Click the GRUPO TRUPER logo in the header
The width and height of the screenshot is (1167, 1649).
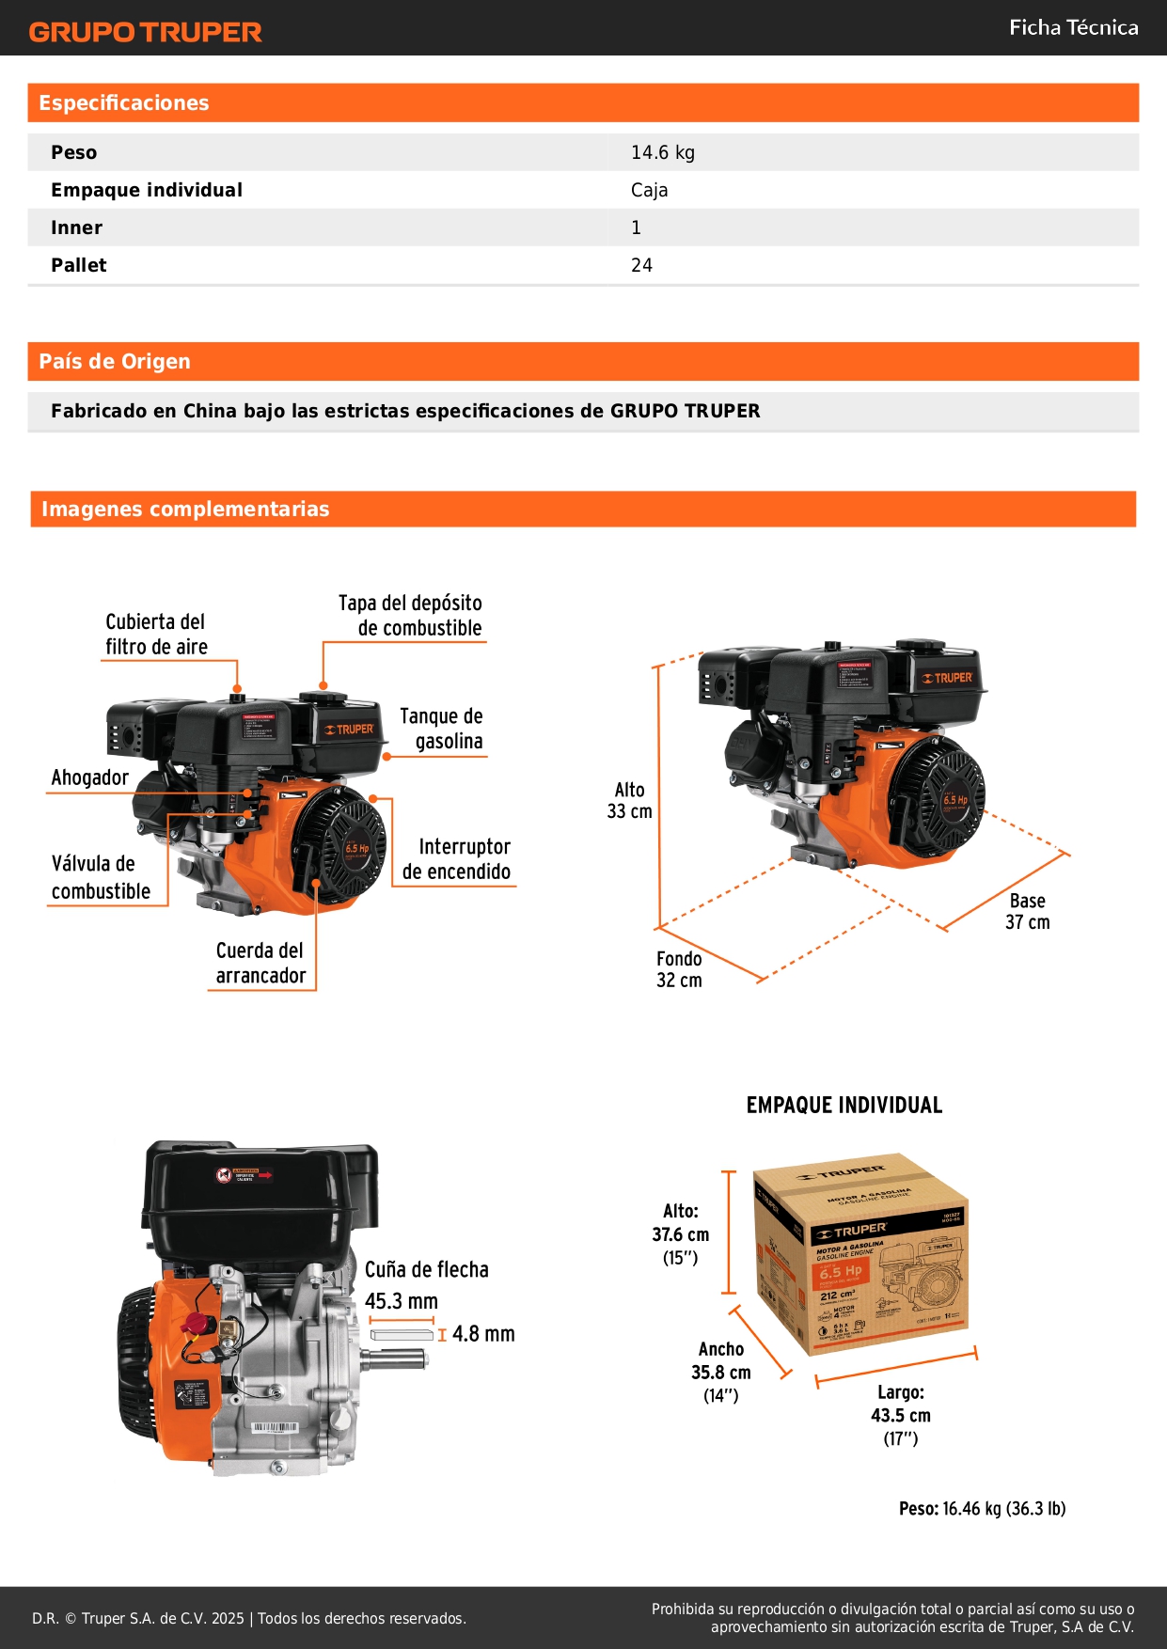tap(145, 32)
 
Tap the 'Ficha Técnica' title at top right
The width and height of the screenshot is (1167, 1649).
tap(1073, 27)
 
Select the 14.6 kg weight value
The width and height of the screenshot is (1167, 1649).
tap(662, 152)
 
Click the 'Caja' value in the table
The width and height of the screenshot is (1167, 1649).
tap(649, 190)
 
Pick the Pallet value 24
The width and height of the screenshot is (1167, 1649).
tap(641, 265)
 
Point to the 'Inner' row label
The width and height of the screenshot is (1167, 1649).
tap(76, 228)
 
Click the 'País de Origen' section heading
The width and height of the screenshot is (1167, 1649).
tap(115, 362)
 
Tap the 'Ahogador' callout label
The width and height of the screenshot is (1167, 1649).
tap(89, 777)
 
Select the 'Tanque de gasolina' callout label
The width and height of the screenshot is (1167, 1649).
tap(441, 729)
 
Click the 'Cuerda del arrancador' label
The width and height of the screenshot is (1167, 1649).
tap(260, 963)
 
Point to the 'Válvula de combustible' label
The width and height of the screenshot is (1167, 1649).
tap(101, 877)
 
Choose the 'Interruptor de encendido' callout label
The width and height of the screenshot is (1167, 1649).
tap(457, 859)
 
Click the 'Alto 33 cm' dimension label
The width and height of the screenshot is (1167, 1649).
tap(629, 800)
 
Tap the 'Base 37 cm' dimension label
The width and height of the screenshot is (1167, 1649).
tap(1027, 911)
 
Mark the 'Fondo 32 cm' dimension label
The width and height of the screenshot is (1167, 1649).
tap(679, 969)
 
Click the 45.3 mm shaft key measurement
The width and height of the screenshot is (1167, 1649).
tap(402, 1301)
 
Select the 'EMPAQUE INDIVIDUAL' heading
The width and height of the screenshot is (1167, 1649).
tap(844, 1106)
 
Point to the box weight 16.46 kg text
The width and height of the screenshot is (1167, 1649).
tap(982, 1508)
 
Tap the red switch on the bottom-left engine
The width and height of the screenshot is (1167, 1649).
tap(196, 1324)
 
